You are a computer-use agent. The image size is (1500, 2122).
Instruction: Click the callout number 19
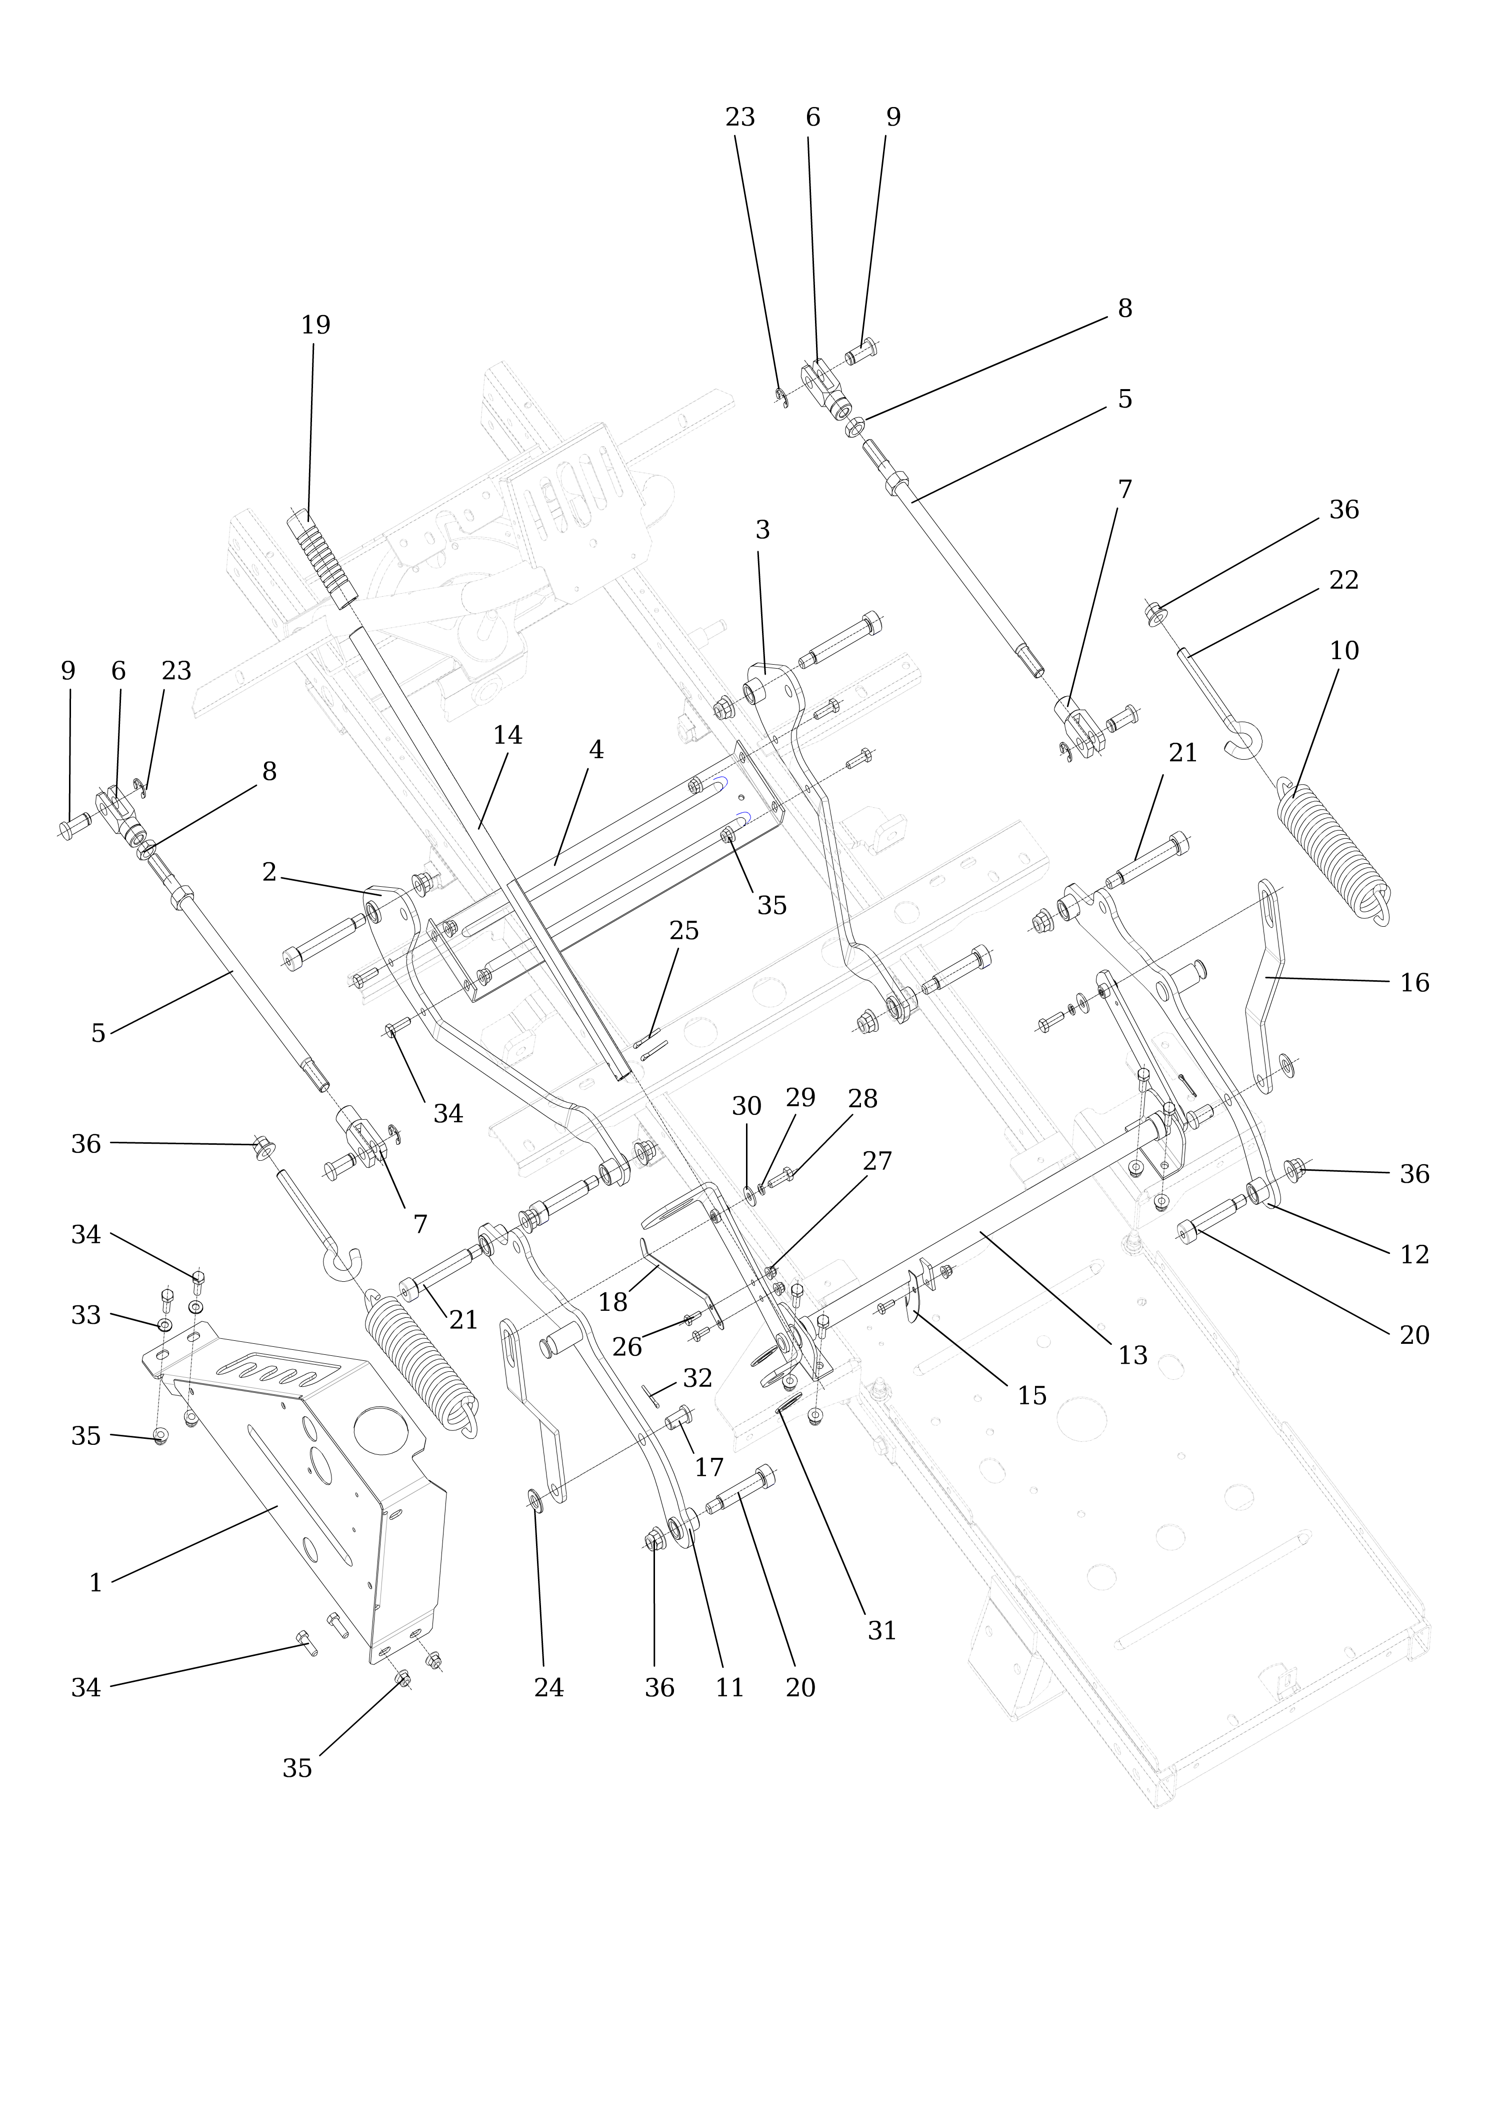pos(315,325)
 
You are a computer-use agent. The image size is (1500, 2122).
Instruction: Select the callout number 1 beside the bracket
pos(95,1583)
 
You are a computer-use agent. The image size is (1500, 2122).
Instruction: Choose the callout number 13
pos(1132,1356)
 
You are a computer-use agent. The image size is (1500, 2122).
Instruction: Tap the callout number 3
pos(762,531)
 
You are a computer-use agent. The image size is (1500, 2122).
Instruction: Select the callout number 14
pos(507,736)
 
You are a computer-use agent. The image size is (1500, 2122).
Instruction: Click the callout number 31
pos(881,1631)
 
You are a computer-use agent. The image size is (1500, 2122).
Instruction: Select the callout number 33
pos(86,1315)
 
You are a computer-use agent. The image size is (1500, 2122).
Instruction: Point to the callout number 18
pos(613,1302)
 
